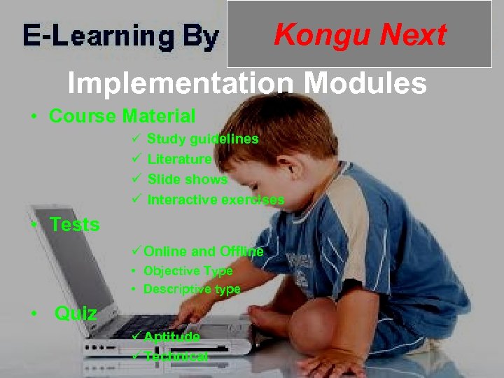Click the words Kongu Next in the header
click(x=360, y=34)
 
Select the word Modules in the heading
click(x=365, y=84)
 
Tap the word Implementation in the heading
click(x=181, y=84)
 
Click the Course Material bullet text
click(x=122, y=115)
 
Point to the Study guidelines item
click(x=202, y=139)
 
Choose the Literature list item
click(x=179, y=159)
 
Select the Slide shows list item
click(x=187, y=179)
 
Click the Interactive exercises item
click(x=216, y=199)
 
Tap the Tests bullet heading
click(x=74, y=225)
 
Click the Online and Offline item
click(x=203, y=251)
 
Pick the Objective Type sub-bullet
click(x=188, y=271)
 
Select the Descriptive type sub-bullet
click(x=191, y=289)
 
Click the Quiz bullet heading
click(x=76, y=313)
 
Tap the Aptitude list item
click(x=171, y=337)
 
